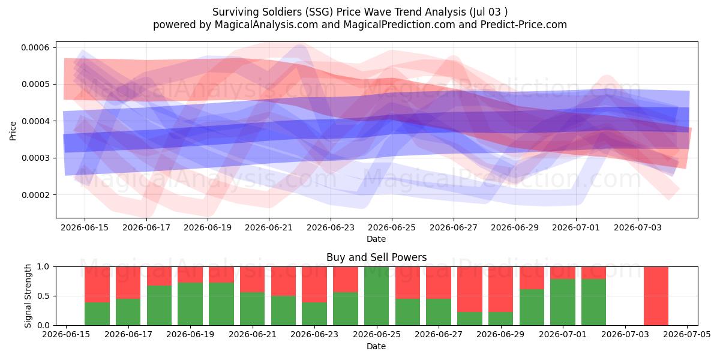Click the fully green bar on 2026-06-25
tap(376, 296)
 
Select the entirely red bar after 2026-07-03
tap(656, 296)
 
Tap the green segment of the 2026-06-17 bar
tap(128, 312)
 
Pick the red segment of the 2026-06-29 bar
tap(501, 289)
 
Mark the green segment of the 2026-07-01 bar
tap(563, 302)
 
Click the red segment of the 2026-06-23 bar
tap(314, 284)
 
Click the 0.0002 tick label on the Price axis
tap(35, 195)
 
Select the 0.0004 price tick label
tap(35, 121)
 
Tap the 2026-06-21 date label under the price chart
tap(269, 227)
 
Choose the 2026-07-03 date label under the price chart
tap(638, 227)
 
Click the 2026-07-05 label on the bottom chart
tap(687, 335)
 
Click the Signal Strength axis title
tap(28, 296)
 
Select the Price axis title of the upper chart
tap(13, 131)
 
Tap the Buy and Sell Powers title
tap(376, 257)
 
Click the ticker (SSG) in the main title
tap(319, 12)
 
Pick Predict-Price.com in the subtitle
tap(524, 25)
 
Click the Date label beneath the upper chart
tap(376, 239)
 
